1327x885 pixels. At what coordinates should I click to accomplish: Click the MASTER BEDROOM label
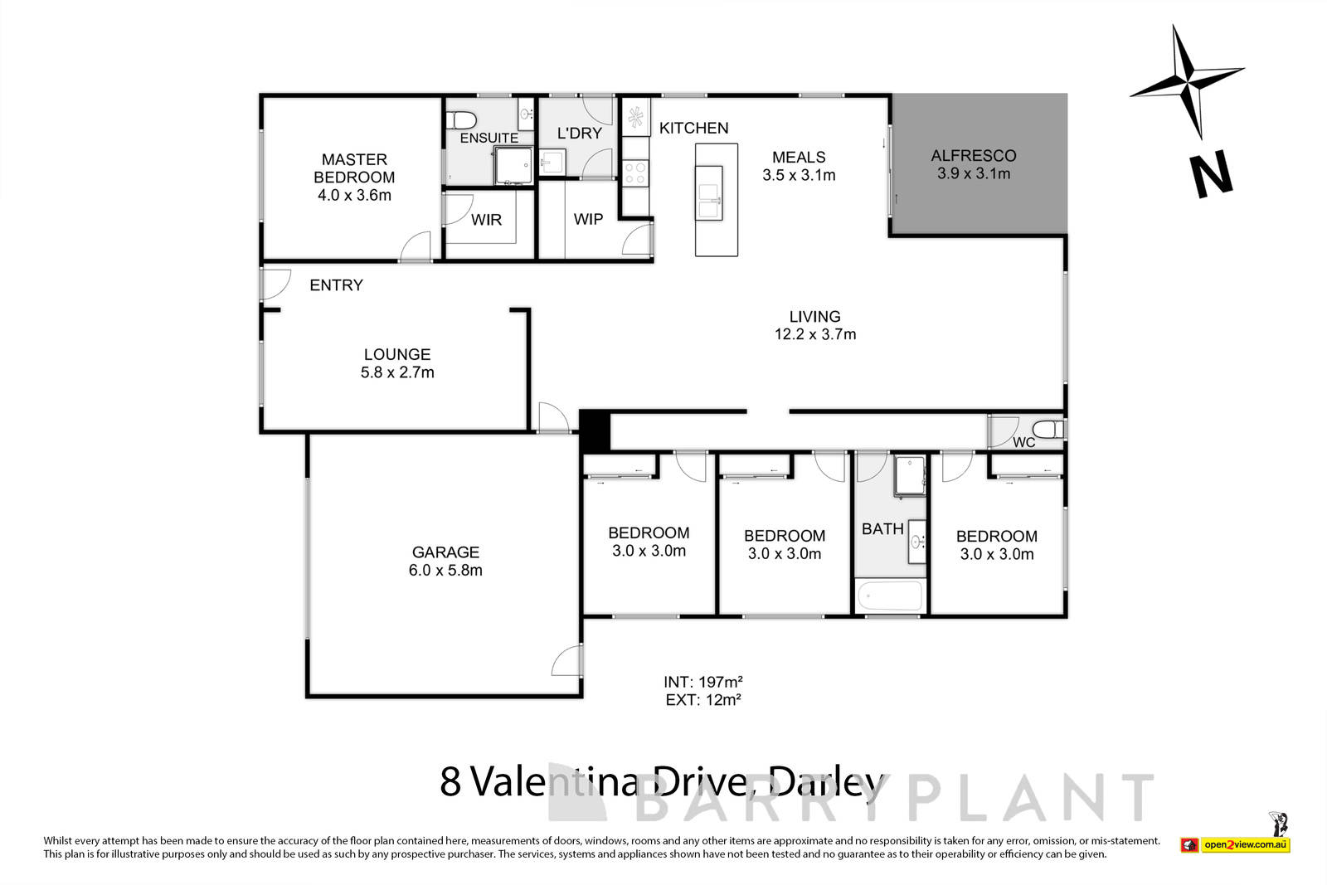[x=354, y=168]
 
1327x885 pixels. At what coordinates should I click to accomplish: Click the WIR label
[x=486, y=220]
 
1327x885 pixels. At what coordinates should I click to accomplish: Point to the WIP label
[x=588, y=219]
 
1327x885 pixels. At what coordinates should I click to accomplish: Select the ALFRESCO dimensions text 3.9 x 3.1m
[x=974, y=174]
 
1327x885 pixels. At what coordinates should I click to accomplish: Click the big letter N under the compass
[x=1211, y=174]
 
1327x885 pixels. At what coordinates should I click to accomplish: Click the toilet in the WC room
[x=1051, y=430]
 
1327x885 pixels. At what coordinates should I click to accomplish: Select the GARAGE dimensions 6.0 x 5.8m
[x=445, y=571]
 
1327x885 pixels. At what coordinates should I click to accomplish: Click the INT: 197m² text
[x=702, y=682]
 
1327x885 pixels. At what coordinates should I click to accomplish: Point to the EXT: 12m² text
[x=702, y=699]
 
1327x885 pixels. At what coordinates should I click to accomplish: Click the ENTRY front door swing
[x=273, y=284]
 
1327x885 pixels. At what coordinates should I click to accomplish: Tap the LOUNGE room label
[x=396, y=354]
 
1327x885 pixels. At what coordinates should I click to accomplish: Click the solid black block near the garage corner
[x=594, y=430]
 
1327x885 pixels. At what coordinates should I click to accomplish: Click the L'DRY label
[x=579, y=133]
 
